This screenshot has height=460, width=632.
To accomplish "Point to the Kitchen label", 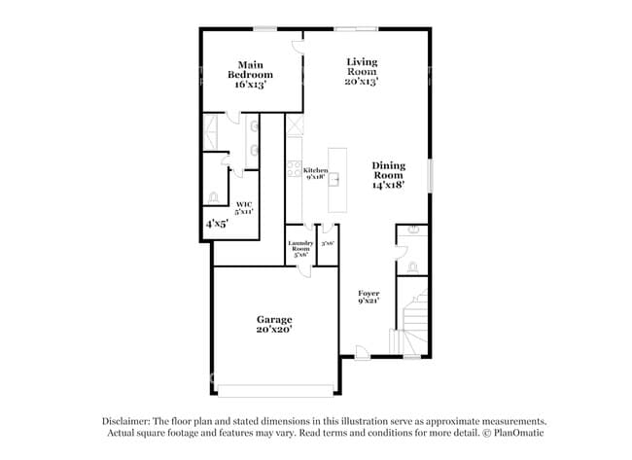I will point(315,171).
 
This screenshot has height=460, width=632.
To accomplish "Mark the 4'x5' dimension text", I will point(216,224).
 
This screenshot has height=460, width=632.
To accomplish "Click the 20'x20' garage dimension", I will point(274,330).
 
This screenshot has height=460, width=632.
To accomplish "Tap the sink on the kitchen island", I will point(336,178).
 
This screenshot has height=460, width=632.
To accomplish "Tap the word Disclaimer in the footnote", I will point(129,420).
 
